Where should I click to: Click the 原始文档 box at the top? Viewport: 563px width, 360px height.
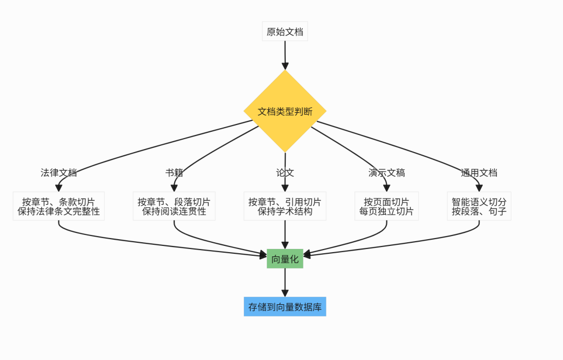[x=285, y=32]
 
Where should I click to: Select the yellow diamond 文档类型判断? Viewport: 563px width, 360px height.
[x=285, y=111]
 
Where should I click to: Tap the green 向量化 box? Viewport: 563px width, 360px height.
[x=285, y=259]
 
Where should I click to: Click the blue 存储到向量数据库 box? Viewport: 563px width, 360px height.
[x=285, y=307]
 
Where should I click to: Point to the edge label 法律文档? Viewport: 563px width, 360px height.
[x=59, y=173]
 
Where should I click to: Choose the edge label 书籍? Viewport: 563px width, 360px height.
[x=174, y=173]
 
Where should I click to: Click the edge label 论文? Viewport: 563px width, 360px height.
[x=285, y=173]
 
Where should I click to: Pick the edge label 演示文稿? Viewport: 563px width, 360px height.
[x=386, y=173]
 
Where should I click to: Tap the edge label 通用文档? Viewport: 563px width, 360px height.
[x=479, y=173]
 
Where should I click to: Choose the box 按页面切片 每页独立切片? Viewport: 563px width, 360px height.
[x=386, y=206]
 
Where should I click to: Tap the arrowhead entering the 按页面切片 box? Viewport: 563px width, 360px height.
[x=386, y=188]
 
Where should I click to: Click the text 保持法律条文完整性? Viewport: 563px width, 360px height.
[x=58, y=212]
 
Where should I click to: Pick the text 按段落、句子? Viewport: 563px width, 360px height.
[x=479, y=212]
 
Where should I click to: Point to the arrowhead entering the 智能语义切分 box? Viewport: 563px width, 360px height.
[x=479, y=188]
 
